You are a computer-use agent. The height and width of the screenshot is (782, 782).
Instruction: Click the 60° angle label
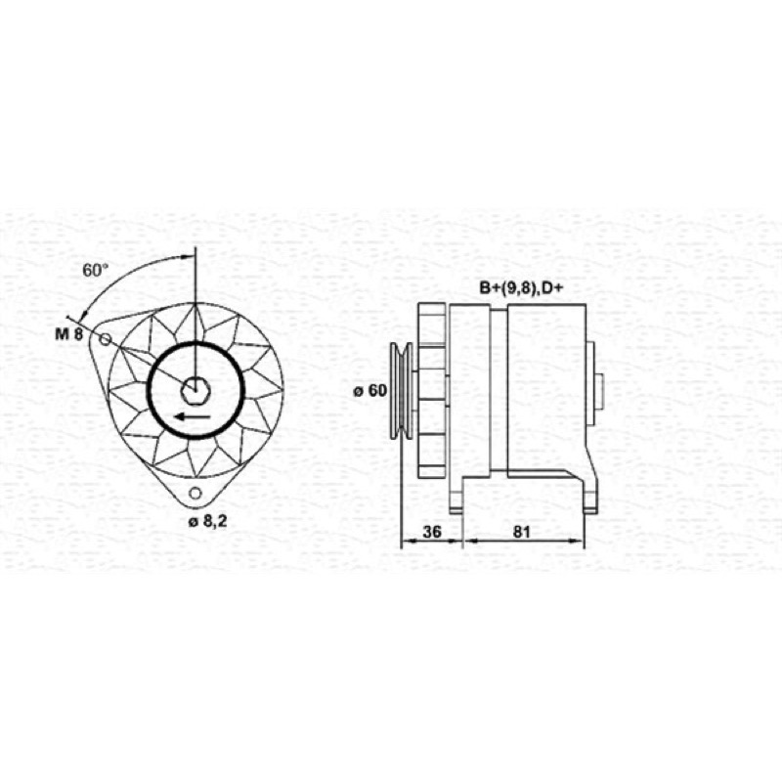pos(95,271)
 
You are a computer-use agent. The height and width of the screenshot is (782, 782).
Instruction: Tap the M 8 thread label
pos(68,334)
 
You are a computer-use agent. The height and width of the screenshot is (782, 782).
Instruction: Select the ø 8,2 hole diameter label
pos(207,522)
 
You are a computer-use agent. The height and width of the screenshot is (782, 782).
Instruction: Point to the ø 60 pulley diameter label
pos(370,390)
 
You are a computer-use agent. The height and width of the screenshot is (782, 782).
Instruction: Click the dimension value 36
pos(432,532)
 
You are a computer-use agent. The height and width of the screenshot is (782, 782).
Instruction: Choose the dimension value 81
pos(521,532)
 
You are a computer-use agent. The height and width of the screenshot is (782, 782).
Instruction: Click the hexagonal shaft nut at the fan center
pos(195,390)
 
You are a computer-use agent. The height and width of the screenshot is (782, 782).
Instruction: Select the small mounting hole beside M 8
pos(105,339)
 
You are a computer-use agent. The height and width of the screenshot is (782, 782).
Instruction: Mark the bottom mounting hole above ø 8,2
pos(195,494)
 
